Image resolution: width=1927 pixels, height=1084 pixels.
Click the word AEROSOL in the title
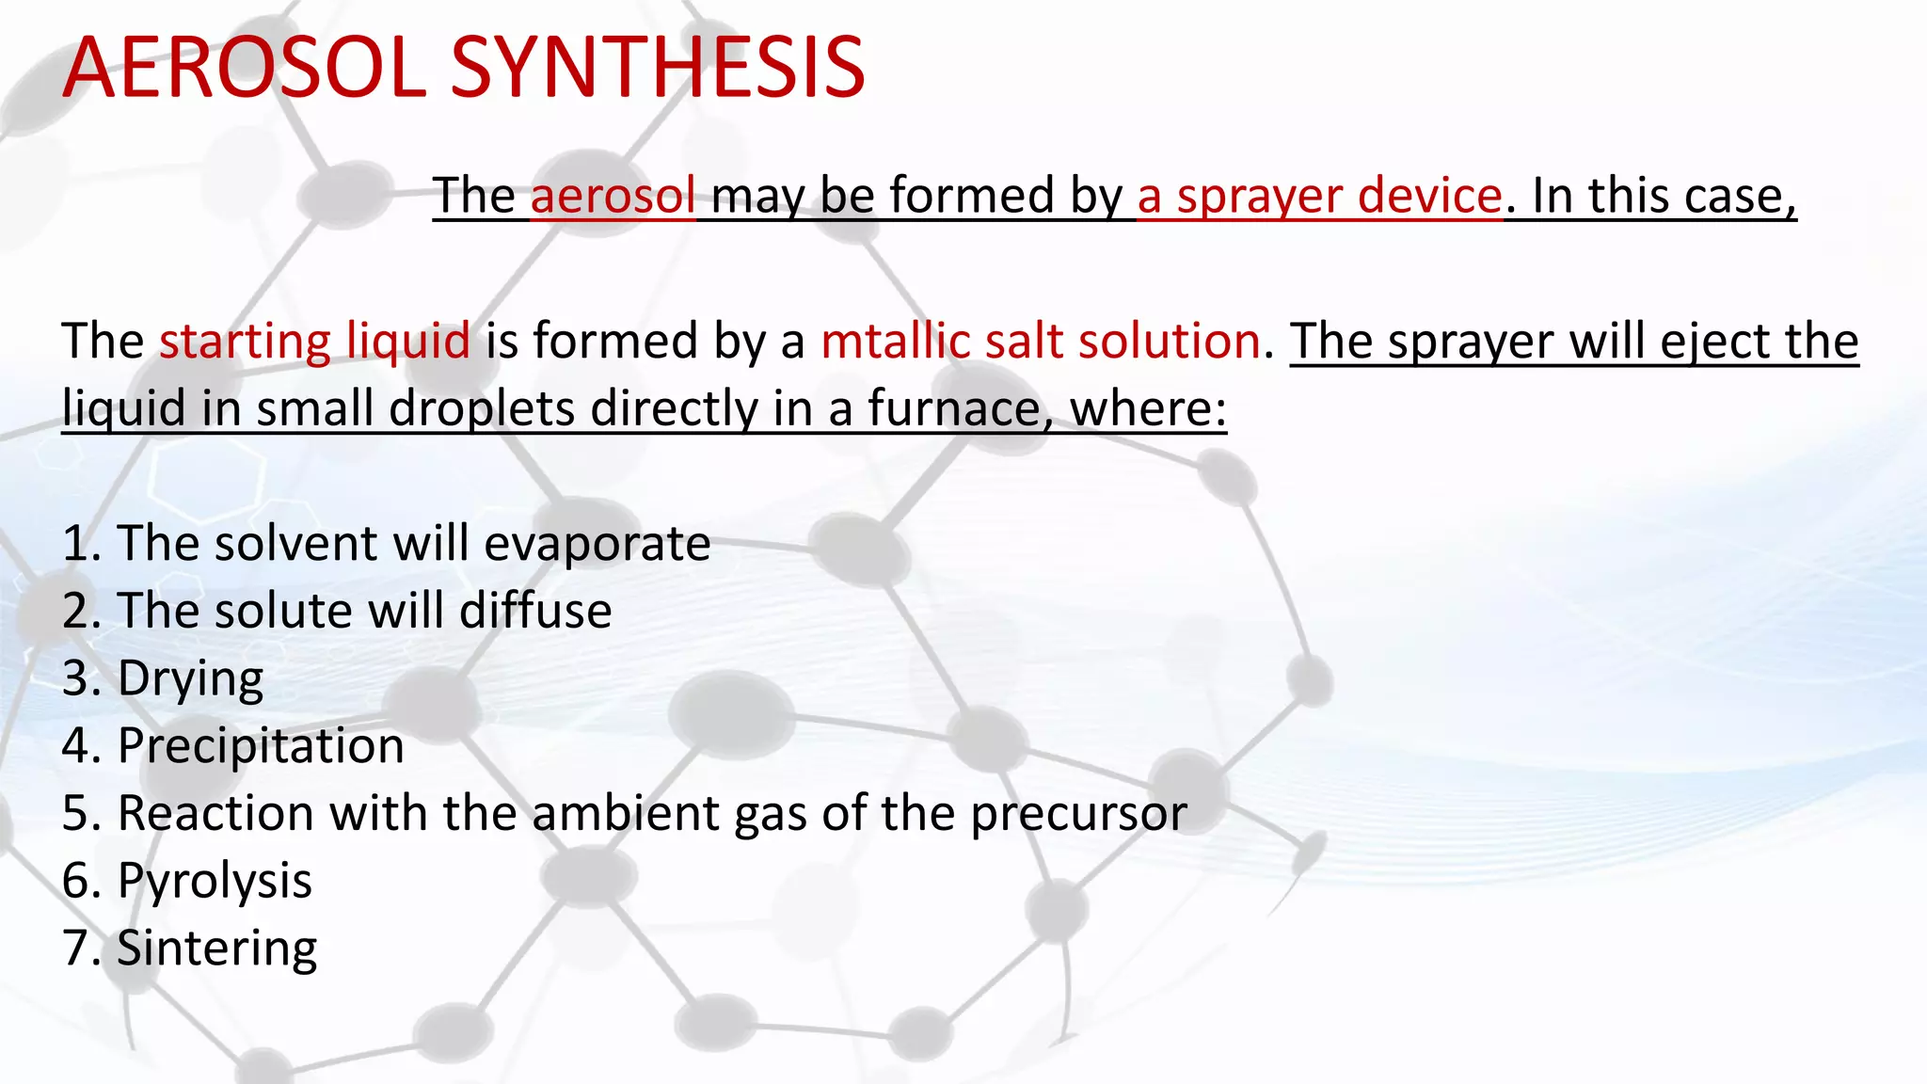(245, 68)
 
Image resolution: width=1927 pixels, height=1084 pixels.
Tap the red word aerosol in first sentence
(613, 196)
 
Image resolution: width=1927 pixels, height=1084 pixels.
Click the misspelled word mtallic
(895, 341)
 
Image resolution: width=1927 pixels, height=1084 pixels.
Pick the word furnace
(953, 409)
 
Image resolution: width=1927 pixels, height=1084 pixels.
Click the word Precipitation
(261, 746)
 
